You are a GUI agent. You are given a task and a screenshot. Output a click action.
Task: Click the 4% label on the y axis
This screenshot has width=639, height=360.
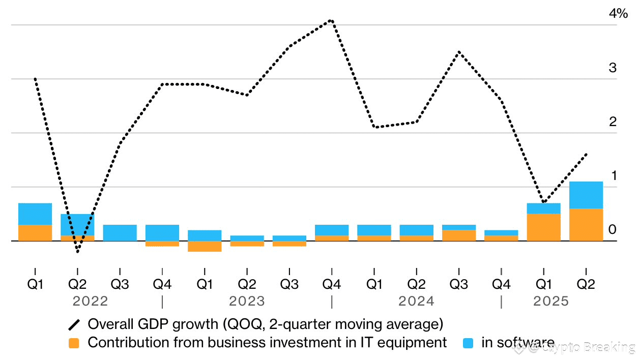618,14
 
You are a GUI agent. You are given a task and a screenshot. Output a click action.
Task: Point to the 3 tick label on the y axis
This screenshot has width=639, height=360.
613,68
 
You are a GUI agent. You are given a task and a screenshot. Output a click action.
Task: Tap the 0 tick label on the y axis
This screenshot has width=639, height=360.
613,230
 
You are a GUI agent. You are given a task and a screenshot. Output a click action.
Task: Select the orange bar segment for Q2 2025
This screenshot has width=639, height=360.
586,225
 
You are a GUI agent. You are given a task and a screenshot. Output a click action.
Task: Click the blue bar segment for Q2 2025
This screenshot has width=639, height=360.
586,195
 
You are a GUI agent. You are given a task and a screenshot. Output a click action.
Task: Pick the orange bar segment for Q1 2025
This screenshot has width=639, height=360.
543,227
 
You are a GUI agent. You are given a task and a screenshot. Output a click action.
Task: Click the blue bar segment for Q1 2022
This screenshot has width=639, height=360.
35,214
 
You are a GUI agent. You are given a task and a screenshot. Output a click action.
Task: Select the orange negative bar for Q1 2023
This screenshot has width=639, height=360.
205,247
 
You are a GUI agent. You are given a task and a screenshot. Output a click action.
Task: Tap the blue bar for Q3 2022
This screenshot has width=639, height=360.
120,233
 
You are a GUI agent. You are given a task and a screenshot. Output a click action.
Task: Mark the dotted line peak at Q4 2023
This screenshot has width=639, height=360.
331,21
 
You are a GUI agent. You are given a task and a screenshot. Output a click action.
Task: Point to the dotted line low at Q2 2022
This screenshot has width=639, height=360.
77,251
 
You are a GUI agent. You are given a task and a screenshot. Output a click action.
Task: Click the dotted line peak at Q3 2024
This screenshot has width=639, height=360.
458,52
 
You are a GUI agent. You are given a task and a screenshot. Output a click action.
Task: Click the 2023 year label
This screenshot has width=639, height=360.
247,302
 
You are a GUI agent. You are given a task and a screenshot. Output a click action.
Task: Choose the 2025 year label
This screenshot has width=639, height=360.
550,302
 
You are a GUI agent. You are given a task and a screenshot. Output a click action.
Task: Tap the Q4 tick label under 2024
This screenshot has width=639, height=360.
501,284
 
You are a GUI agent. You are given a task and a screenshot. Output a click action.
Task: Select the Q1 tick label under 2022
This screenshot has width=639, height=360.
35,284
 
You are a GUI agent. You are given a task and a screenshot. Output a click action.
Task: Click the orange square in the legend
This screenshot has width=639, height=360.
74,343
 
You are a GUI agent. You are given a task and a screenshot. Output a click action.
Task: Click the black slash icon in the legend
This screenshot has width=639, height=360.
74,324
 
